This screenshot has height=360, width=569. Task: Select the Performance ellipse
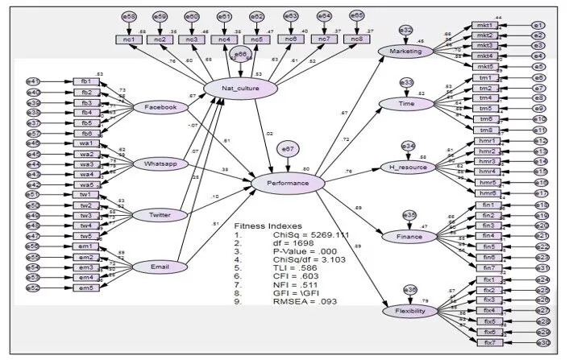(288, 184)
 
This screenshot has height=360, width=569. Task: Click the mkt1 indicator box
(484, 26)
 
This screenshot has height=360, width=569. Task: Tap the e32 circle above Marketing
(406, 30)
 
